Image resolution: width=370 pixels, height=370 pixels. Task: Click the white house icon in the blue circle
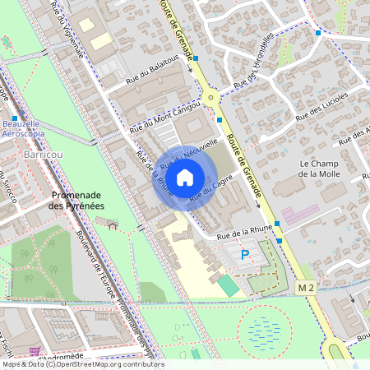[185, 177]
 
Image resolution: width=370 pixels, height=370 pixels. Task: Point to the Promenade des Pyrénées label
[77, 200]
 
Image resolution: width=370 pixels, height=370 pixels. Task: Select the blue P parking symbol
[244, 257]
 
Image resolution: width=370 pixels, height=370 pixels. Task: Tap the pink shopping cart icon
[34, 351]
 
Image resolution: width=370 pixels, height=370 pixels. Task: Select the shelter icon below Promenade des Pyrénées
[113, 223]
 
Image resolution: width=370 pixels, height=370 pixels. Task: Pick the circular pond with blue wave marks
[264, 331]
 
